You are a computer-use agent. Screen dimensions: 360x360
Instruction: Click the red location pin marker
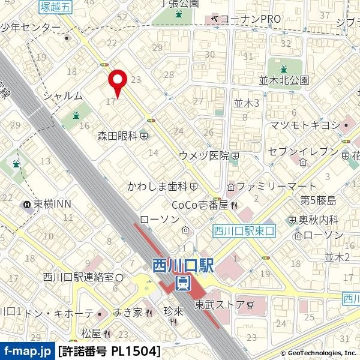(x=116, y=81)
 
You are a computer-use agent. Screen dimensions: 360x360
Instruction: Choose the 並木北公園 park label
(x=284, y=80)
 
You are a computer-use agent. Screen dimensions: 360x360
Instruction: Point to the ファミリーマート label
(x=275, y=187)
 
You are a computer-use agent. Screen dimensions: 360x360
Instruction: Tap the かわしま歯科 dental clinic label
(x=158, y=187)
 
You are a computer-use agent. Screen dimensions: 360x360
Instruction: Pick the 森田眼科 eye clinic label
(x=118, y=137)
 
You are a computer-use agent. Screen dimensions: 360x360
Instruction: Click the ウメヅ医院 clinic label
(x=204, y=155)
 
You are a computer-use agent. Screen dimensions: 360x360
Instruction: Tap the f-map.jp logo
(x=26, y=350)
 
